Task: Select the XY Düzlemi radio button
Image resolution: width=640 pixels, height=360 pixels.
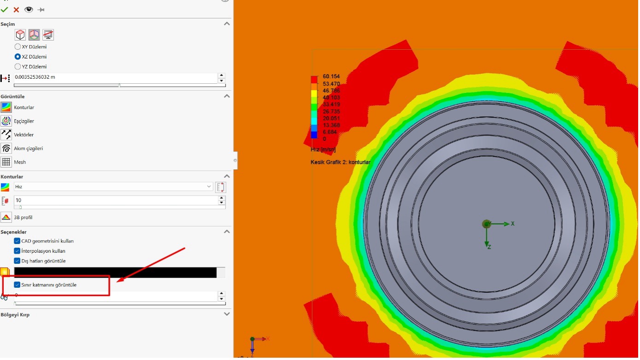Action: tap(17, 47)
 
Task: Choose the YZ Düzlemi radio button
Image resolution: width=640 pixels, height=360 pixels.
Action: tap(17, 67)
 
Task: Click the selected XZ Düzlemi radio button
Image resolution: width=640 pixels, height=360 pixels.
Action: tap(17, 57)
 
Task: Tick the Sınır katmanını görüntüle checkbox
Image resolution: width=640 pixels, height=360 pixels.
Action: tap(17, 285)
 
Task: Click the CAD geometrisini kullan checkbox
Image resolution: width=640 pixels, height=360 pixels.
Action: tap(17, 241)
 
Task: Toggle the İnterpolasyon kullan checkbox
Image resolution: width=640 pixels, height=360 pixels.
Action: tap(17, 251)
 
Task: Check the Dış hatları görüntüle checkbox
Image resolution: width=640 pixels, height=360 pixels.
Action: tap(17, 261)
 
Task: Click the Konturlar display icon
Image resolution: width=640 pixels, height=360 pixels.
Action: tap(6, 108)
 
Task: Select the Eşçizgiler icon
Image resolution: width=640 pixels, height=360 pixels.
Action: tap(6, 121)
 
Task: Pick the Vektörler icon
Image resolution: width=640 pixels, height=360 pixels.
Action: tap(6, 135)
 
